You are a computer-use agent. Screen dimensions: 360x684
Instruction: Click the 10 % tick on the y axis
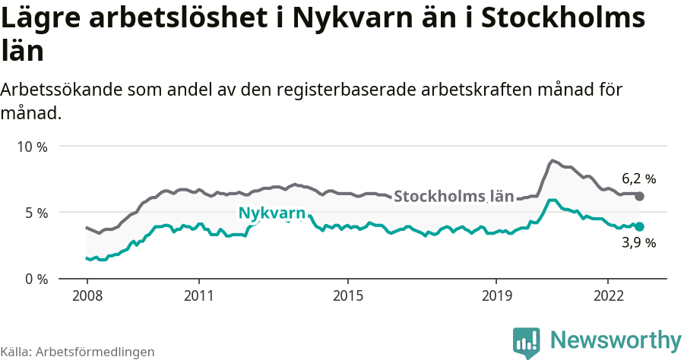click(x=32, y=146)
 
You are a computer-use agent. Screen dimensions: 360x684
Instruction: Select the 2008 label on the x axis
click(x=87, y=295)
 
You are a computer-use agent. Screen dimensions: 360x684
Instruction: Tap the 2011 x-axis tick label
click(x=198, y=295)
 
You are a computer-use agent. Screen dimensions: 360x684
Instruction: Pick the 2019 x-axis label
click(x=496, y=295)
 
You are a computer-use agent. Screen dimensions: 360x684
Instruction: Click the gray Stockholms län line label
click(x=454, y=196)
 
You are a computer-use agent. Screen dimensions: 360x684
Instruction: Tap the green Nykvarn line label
click(x=272, y=213)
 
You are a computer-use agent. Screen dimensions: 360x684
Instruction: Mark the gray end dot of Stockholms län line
click(x=639, y=196)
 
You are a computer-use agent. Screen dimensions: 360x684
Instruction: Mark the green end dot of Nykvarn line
click(x=639, y=226)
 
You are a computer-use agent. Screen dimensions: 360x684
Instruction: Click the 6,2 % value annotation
click(x=638, y=179)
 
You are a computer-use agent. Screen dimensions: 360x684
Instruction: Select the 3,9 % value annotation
click(x=638, y=243)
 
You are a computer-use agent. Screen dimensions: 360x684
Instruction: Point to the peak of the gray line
click(x=553, y=160)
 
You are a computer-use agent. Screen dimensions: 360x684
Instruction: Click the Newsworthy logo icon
click(x=527, y=343)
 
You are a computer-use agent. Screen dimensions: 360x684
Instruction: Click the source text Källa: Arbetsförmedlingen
click(x=78, y=352)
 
